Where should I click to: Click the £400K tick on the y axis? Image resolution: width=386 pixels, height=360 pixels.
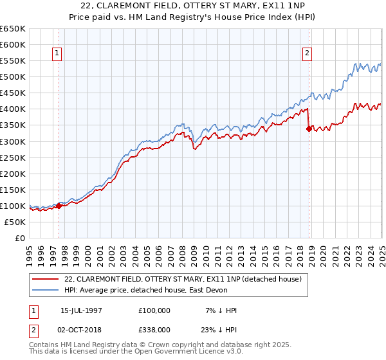point(13,109)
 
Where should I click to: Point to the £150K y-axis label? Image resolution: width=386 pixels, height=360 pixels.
point(13,190)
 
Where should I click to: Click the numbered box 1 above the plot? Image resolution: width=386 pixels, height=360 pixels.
point(58,54)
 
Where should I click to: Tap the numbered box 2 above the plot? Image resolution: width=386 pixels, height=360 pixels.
point(308,54)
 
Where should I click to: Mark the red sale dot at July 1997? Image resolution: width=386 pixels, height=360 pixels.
point(59,206)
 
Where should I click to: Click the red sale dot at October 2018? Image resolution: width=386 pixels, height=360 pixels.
point(309,129)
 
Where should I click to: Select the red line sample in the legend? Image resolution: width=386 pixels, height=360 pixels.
point(45,278)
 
